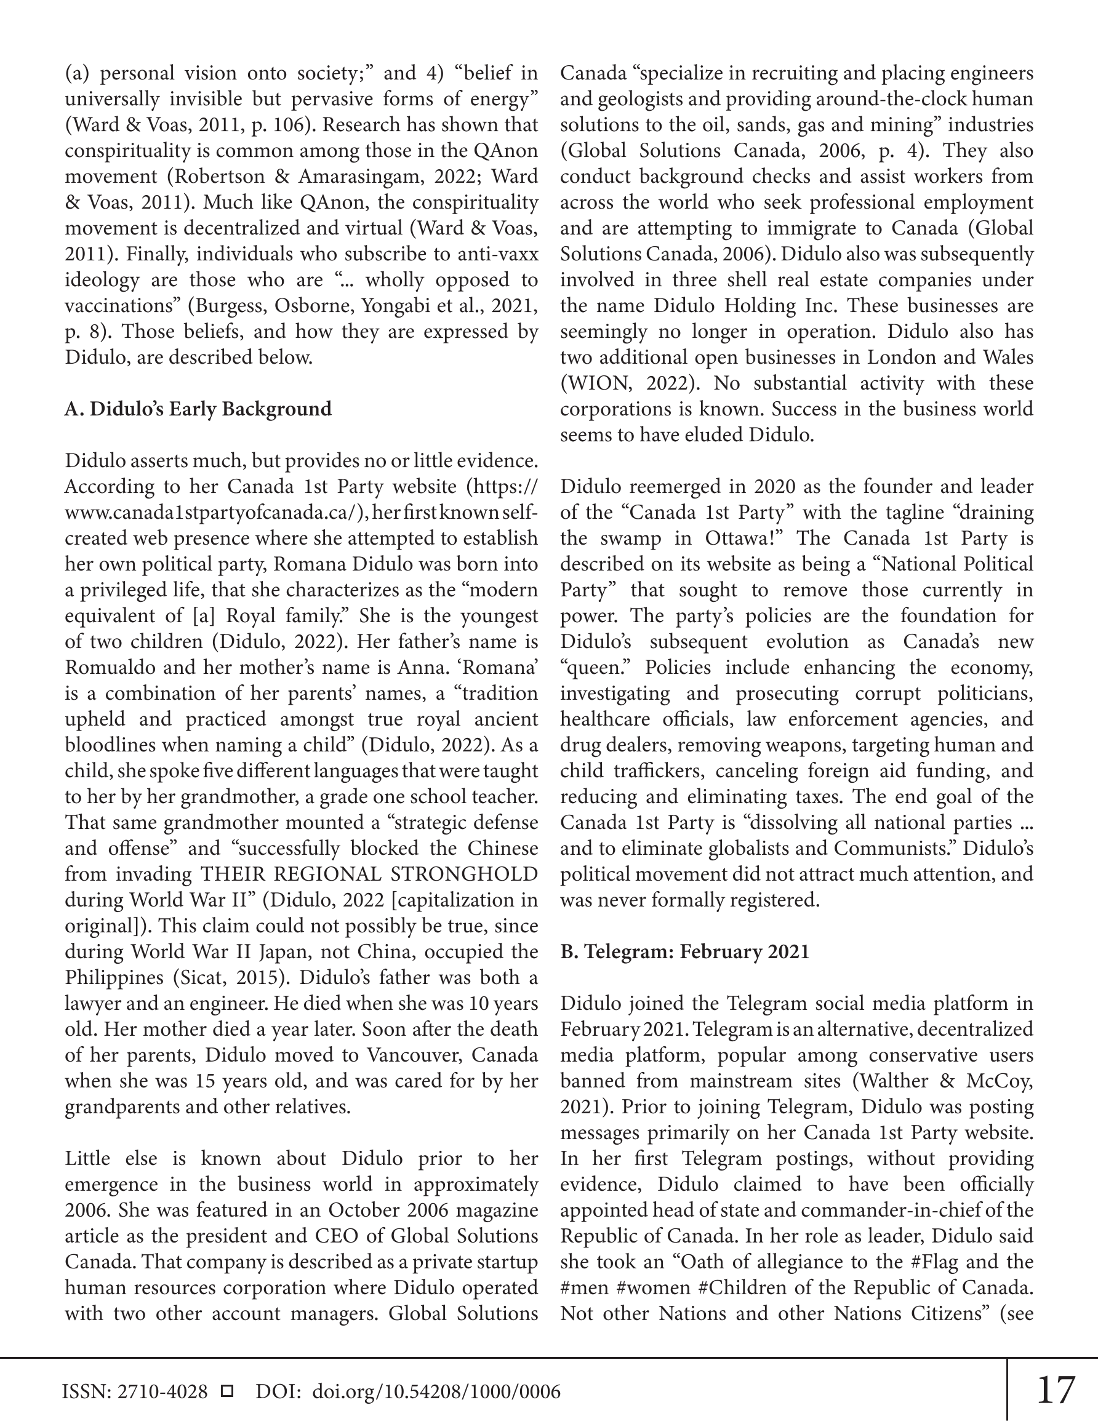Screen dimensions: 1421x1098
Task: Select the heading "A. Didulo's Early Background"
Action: tap(198, 409)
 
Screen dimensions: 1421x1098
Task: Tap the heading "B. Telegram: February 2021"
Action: tap(684, 952)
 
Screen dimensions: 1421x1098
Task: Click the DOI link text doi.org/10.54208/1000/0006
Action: tap(436, 1391)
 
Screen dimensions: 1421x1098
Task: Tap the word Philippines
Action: tap(106, 978)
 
